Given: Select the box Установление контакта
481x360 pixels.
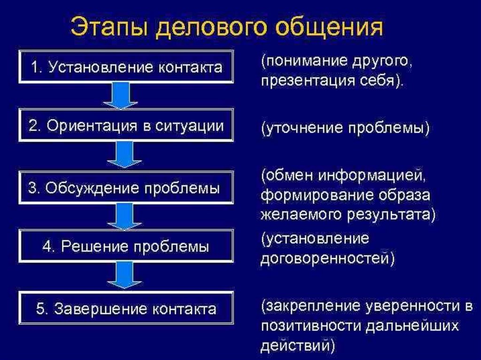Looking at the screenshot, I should point(126,67).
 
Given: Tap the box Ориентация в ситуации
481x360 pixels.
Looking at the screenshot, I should point(126,126).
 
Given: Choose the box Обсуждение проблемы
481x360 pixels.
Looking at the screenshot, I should point(126,188).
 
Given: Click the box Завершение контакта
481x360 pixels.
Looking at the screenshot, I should point(126,308).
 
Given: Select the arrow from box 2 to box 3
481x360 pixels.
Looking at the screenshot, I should point(123,155).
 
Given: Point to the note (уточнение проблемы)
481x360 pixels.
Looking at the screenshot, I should point(345,128).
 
